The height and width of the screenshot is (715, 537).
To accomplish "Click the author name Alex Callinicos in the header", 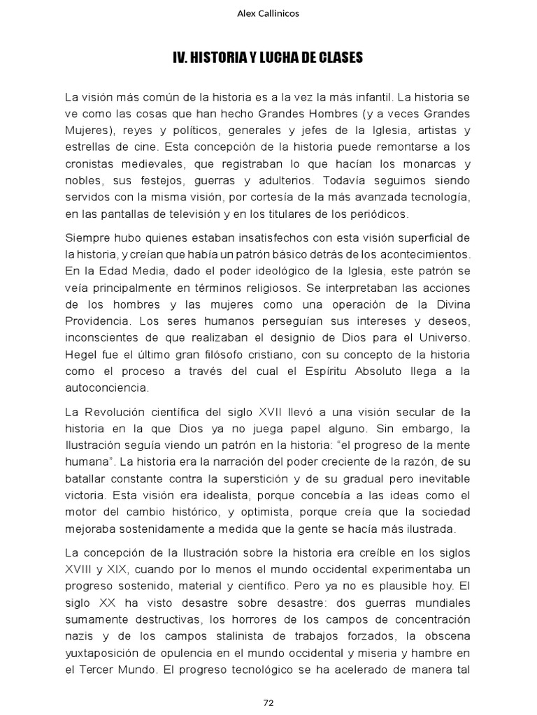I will click(x=268, y=13).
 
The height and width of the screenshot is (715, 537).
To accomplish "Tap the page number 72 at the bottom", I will click(x=268, y=702).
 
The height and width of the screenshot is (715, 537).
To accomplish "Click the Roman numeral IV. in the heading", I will click(x=182, y=58).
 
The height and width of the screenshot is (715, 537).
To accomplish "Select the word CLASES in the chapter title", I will click(x=339, y=58).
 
